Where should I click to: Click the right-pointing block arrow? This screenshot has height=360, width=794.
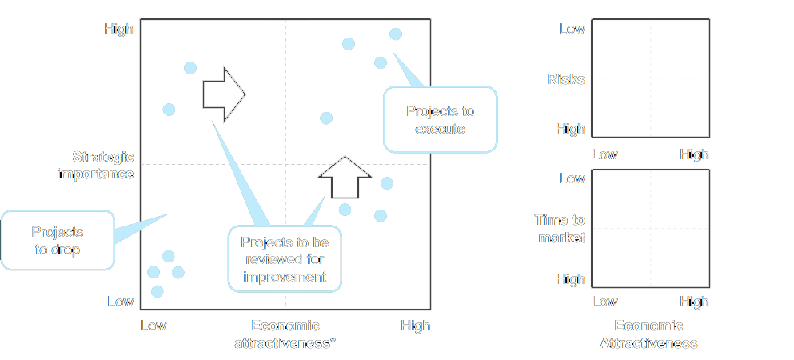(x=224, y=94)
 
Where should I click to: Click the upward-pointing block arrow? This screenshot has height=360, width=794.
(x=345, y=178)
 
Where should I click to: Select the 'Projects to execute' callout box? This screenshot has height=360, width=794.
(x=440, y=119)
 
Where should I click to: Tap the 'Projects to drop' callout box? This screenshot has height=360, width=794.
(x=58, y=241)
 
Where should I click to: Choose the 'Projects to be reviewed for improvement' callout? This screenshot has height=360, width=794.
(x=285, y=258)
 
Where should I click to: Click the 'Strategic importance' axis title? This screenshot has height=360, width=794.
(x=96, y=165)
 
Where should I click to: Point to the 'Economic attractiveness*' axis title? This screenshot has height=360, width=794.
(x=285, y=334)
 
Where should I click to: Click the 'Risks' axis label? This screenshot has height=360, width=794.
(x=566, y=79)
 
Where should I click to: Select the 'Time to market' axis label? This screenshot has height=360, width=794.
(x=560, y=228)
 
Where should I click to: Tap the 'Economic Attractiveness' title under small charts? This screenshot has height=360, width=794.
(x=648, y=334)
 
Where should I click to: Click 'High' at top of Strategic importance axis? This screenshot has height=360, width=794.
(x=119, y=28)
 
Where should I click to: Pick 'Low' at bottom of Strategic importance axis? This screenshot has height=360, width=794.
(x=121, y=302)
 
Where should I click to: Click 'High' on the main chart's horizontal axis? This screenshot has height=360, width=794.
(x=416, y=325)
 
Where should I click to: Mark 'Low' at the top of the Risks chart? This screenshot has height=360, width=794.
(x=573, y=28)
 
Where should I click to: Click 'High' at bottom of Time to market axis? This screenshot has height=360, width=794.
(x=571, y=279)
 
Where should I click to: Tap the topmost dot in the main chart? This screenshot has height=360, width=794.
(x=396, y=34)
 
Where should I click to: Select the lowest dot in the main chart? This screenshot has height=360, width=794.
(x=158, y=291)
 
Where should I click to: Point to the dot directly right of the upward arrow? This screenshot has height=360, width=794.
(x=387, y=183)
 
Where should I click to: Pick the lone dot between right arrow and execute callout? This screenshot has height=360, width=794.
(x=326, y=118)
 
